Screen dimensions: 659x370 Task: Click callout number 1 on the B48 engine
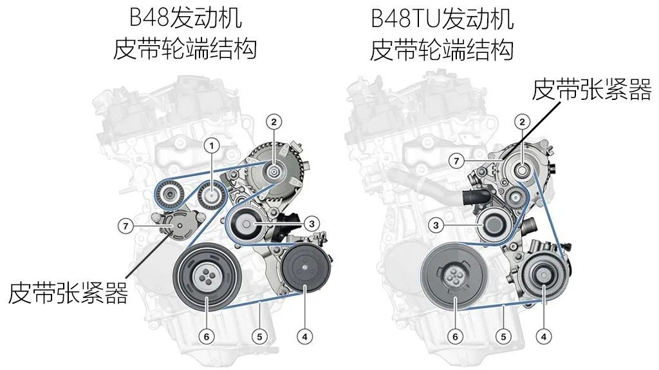212,146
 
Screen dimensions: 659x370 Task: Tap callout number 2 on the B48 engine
274,122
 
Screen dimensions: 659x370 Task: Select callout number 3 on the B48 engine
311,224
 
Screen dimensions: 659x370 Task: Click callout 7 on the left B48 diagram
125,226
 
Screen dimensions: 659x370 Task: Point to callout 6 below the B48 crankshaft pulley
207,336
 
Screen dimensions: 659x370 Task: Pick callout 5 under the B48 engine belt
260,336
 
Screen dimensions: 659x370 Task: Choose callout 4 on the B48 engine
304,336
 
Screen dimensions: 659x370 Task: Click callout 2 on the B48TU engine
523,122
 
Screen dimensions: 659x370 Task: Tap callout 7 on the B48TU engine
456,161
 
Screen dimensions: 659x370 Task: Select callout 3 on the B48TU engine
436,226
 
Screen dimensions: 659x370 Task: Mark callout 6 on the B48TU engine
455,336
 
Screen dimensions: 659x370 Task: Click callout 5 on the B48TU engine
503,336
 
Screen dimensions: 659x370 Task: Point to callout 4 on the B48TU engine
544,336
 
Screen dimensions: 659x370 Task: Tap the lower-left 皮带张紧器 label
68,293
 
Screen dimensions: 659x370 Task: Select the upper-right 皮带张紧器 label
592,89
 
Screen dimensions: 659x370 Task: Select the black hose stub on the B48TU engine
476,197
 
